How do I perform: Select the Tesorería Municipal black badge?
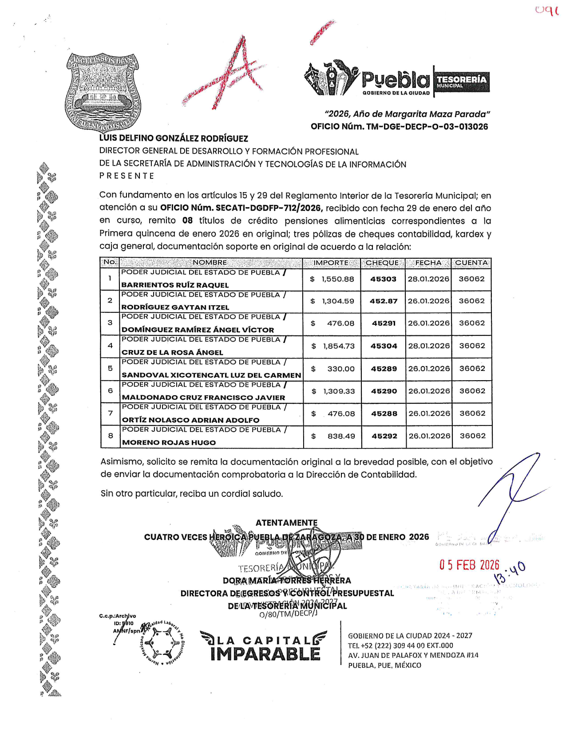(x=462, y=82)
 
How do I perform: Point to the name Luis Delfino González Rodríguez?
(x=174, y=138)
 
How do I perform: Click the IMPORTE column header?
(x=331, y=263)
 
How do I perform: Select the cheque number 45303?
(x=383, y=279)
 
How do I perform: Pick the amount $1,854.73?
(x=333, y=346)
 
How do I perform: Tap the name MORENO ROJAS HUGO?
(x=169, y=442)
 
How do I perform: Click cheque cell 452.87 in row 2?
(x=384, y=301)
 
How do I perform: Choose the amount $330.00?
(x=333, y=369)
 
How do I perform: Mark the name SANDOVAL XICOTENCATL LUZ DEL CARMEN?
(x=211, y=375)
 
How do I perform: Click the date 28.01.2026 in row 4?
(x=429, y=346)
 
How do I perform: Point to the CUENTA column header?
(x=471, y=263)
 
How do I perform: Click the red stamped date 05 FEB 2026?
(x=469, y=565)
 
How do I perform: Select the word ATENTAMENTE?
(x=286, y=523)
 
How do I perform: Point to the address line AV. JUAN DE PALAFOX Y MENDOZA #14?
(x=413, y=655)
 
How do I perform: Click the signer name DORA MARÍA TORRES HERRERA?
(x=287, y=580)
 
